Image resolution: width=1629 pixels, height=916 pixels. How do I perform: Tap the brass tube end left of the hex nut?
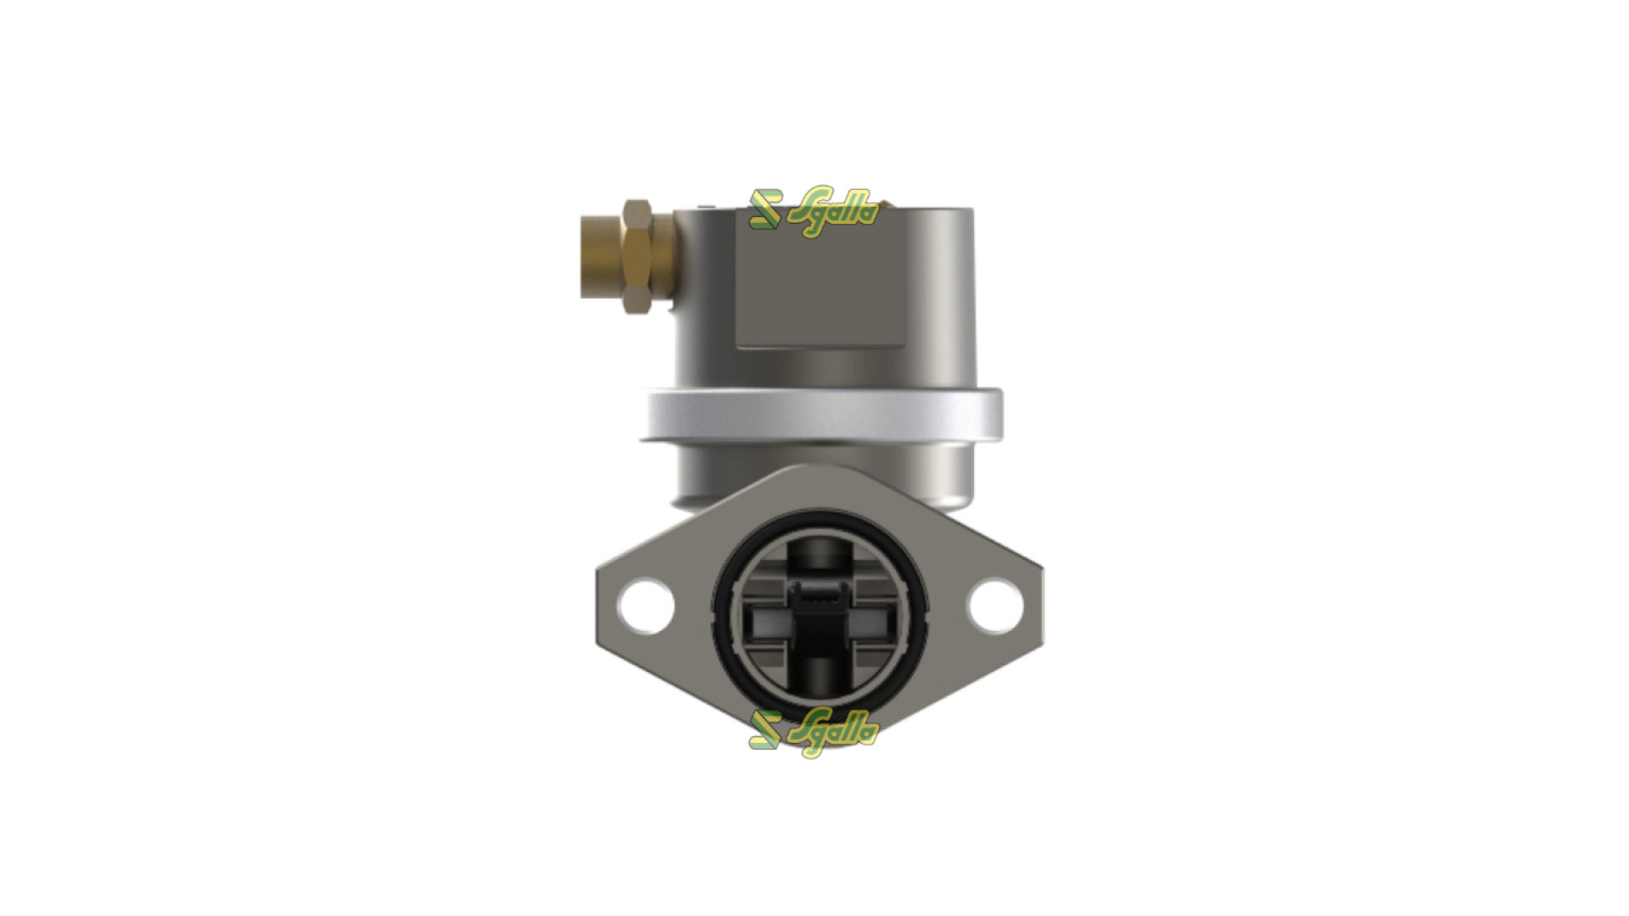pos(599,257)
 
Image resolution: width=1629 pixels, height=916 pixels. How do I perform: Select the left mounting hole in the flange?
pos(647,604)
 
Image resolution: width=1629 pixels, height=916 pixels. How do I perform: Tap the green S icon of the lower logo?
pos(764,730)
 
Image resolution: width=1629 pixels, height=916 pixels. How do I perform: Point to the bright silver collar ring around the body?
pos(820,415)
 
